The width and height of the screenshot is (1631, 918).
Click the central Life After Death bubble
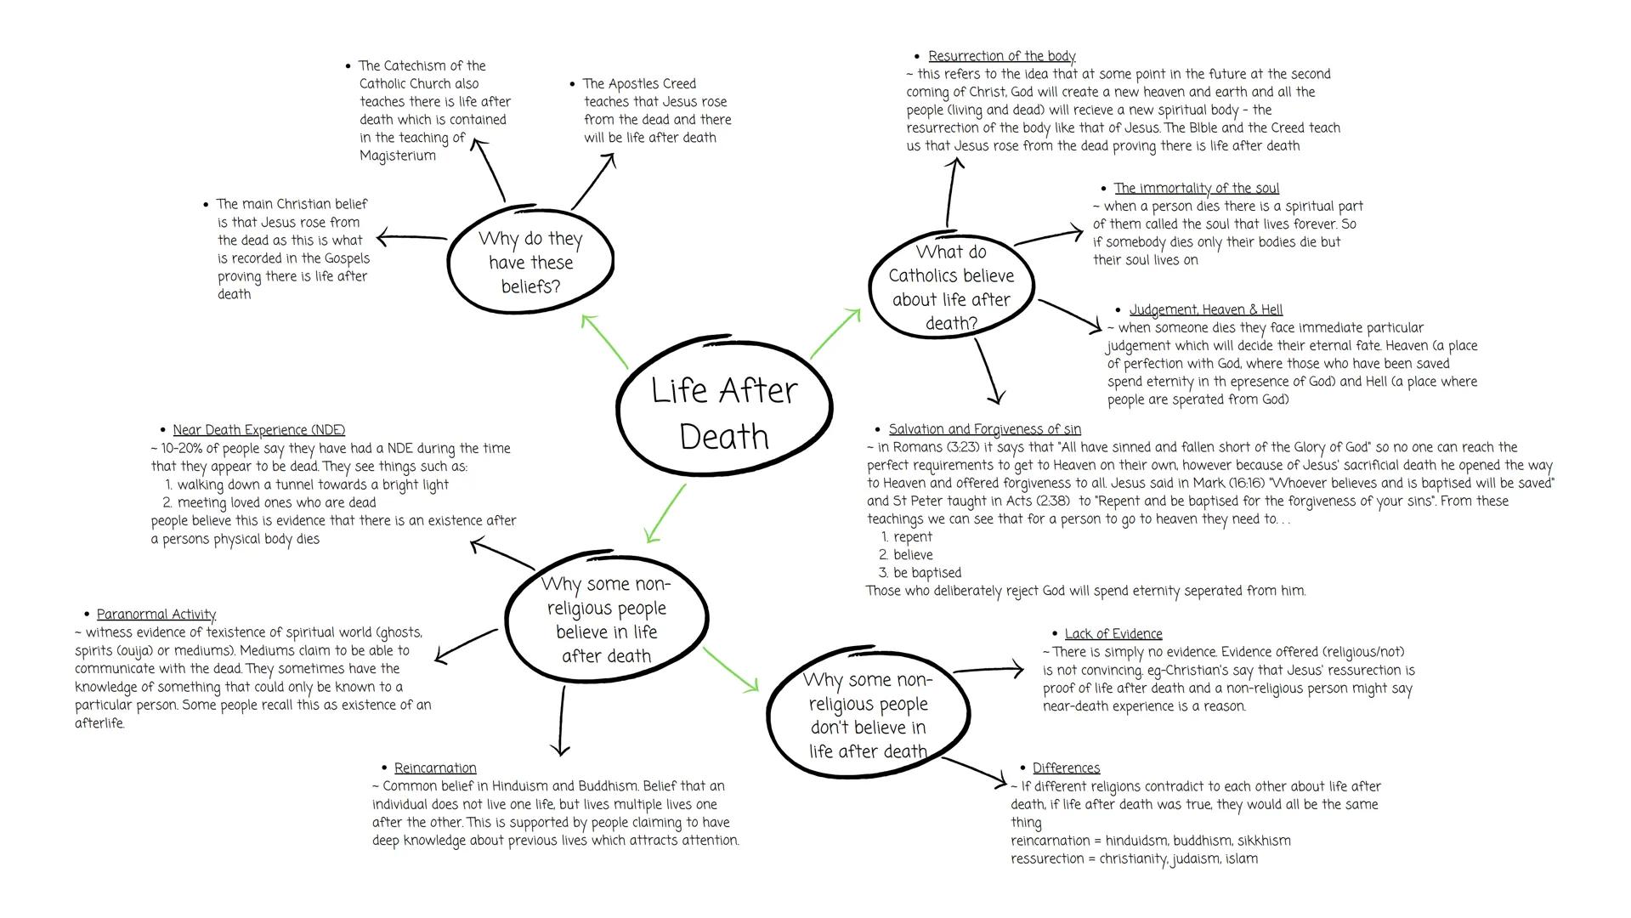click(723, 413)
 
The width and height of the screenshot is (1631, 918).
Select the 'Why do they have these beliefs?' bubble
click(530, 262)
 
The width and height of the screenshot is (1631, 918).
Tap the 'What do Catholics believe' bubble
click(951, 286)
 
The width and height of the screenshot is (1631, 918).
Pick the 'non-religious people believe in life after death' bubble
click(607, 619)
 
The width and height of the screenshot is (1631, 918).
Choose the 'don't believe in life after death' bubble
click(867, 715)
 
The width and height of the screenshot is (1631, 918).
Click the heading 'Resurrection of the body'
click(1001, 56)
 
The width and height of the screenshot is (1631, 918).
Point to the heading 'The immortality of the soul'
click(1196, 188)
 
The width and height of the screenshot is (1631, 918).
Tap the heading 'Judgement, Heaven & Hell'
click(1205, 309)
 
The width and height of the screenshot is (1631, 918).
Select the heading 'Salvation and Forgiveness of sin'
click(984, 429)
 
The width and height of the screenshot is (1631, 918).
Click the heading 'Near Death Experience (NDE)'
click(258, 430)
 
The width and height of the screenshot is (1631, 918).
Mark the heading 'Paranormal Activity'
click(156, 615)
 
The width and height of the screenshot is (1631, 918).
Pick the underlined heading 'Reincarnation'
click(435, 768)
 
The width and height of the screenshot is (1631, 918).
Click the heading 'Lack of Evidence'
click(1113, 634)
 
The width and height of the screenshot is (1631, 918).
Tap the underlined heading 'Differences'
click(1066, 768)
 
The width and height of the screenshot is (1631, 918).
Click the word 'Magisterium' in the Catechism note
click(398, 156)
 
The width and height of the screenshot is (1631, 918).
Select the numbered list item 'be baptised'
click(927, 573)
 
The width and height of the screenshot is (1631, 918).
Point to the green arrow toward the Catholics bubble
click(835, 334)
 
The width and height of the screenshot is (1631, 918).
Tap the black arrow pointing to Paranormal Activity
click(465, 645)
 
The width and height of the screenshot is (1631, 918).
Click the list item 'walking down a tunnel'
click(313, 484)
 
